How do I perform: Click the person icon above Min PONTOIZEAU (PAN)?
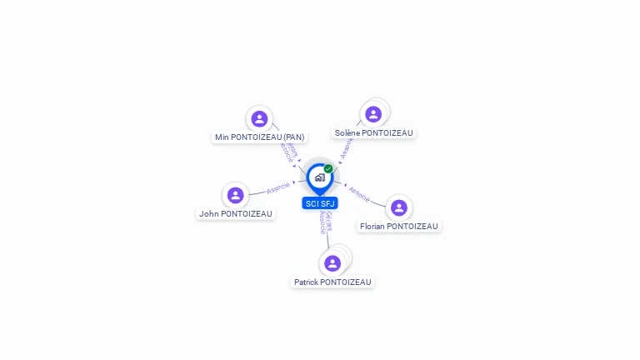259,119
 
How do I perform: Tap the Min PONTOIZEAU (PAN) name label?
260,137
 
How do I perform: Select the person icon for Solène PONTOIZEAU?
373,114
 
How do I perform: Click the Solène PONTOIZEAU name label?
373,133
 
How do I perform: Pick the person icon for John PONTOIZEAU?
236,195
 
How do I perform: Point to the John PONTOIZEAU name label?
236,214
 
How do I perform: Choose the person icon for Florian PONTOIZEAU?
399,207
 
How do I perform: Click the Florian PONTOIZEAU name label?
399,227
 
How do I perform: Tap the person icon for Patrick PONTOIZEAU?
332,263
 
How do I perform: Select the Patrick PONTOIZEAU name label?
332,282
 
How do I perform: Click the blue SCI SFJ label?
320,203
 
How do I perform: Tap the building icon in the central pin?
319,177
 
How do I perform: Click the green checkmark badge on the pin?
328,169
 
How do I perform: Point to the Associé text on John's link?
278,187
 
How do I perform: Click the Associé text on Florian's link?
359,194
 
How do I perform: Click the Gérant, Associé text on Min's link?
289,152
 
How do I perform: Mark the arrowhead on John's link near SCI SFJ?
294,182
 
